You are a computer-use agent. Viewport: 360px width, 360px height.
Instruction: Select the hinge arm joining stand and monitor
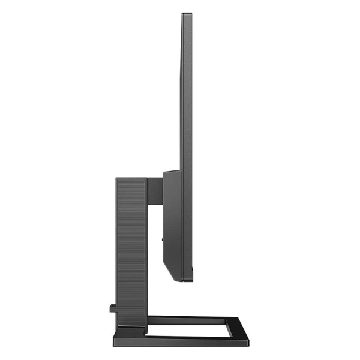coord(155,188)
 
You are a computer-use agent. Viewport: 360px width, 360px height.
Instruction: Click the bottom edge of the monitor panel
coord(187,280)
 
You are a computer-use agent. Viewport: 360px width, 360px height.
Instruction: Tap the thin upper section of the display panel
coord(187,90)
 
